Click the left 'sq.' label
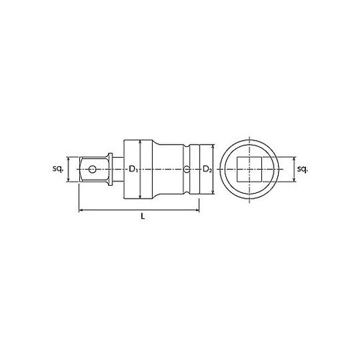click(x=59, y=169)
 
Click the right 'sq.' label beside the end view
click(x=303, y=169)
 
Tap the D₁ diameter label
click(x=133, y=170)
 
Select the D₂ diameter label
click(x=207, y=170)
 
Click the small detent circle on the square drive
click(x=91, y=170)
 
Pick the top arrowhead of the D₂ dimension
click(x=211, y=147)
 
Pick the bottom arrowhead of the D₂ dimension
click(x=211, y=193)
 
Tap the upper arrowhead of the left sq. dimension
click(x=70, y=159)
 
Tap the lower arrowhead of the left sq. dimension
click(x=70, y=181)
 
